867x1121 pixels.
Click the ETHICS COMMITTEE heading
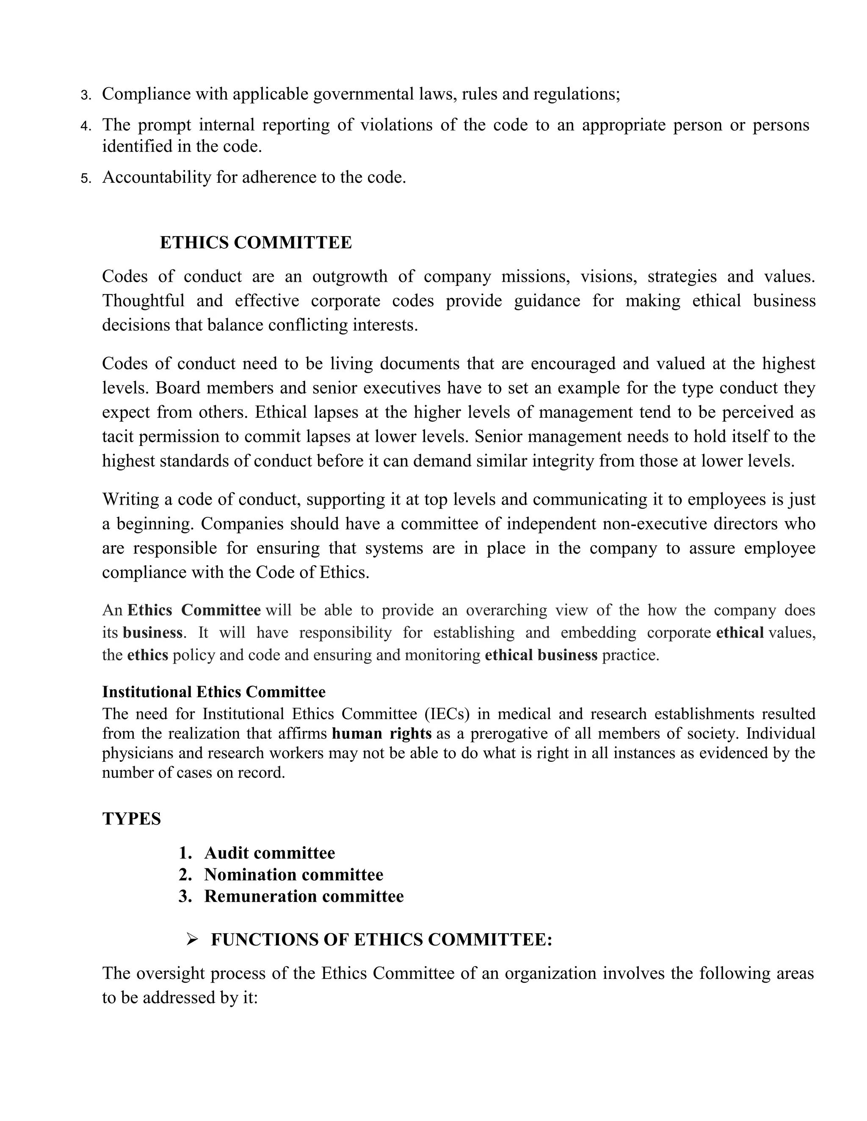click(x=256, y=242)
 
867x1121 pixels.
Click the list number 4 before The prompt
click(x=85, y=126)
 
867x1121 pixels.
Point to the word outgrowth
click(x=349, y=276)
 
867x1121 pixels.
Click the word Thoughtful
click(x=143, y=300)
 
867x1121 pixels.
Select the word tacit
click(x=118, y=436)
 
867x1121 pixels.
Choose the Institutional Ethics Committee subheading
click(x=214, y=692)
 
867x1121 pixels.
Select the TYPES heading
click(x=132, y=819)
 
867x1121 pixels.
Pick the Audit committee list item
click(x=269, y=853)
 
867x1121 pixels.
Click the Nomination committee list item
click(x=293, y=875)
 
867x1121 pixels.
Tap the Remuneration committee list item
click(x=304, y=896)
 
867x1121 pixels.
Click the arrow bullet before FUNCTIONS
click(x=192, y=940)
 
